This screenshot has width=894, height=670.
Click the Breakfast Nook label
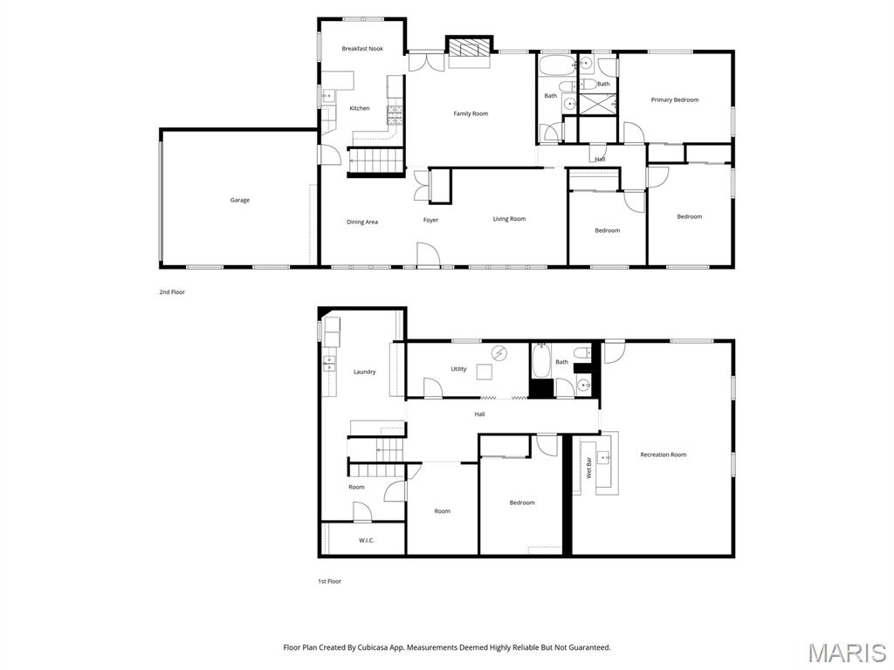362,49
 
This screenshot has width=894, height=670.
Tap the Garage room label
240,200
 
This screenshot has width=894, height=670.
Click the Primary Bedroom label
675,99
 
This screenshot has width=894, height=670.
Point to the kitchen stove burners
395,116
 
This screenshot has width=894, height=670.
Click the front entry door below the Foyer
428,255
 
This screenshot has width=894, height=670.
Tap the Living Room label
509,219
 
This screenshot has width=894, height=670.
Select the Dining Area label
362,222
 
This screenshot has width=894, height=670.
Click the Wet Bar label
588,468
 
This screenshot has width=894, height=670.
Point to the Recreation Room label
664,455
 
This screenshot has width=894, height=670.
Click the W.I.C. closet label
367,540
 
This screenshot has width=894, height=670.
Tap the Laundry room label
364,372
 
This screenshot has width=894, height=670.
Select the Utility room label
458,369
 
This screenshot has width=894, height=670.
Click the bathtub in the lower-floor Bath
541,360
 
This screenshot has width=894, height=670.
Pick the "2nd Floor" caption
172,292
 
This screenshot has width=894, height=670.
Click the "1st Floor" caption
329,581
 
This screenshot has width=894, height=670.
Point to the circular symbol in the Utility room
499,353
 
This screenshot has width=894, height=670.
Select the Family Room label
471,114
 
